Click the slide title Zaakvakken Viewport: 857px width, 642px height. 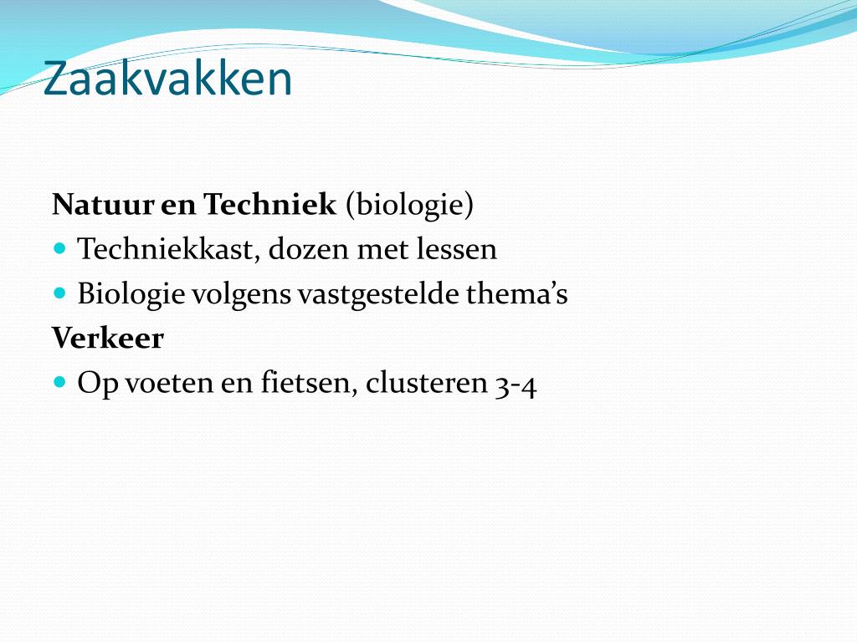[167, 79]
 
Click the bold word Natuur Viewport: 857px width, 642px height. [103, 205]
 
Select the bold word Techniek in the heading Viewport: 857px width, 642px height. [269, 204]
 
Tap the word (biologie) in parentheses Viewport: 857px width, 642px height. [409, 206]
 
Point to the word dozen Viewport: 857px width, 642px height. [309, 249]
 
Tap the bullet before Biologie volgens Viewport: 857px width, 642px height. [60, 293]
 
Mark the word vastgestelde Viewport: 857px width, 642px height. [378, 293]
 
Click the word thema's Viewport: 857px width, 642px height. [517, 293]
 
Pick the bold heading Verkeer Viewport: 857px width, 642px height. [108, 339]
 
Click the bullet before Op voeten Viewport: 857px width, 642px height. [60, 381]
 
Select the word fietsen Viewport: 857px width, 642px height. [309, 382]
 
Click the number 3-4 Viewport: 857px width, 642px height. [516, 385]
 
